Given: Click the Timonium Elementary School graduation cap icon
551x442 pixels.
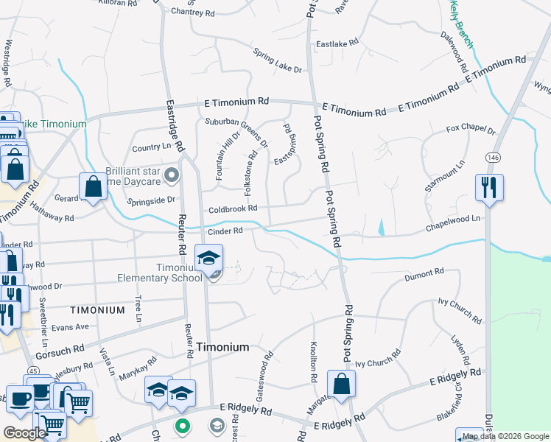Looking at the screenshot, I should point(209,258).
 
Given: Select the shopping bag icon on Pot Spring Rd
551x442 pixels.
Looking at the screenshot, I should point(341,384).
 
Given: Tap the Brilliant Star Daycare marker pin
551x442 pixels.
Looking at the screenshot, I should point(172,175).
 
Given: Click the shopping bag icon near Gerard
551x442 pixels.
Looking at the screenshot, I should point(94,186).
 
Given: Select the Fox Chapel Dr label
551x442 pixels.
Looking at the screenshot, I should point(471,130).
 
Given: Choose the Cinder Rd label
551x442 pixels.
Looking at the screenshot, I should point(225,231).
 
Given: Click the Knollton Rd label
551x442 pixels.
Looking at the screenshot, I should point(313,365).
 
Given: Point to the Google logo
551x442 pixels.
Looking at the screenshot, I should point(24,433).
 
